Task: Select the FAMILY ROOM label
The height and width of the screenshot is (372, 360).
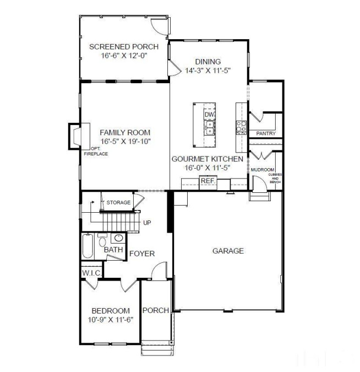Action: [125, 132]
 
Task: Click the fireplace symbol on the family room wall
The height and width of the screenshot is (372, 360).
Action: [75, 136]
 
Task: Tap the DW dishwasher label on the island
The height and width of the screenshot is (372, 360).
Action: [209, 115]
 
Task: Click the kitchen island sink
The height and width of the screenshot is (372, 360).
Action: [209, 128]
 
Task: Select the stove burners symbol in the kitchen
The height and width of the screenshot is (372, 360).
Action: [241, 127]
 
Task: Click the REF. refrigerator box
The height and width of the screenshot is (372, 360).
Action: [208, 181]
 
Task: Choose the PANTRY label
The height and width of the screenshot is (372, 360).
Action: [266, 134]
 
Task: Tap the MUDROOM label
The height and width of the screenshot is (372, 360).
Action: [263, 170]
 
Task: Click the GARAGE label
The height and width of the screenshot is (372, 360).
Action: [228, 251]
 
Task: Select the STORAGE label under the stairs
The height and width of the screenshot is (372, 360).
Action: [118, 203]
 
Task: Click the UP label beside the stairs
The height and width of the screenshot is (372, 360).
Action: [147, 223]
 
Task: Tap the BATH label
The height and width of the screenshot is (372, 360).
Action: [113, 250]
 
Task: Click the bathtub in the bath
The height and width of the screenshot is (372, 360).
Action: [88, 247]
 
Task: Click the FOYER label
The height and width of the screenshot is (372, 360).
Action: [142, 254]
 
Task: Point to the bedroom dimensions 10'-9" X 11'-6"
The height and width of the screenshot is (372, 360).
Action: [111, 319]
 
